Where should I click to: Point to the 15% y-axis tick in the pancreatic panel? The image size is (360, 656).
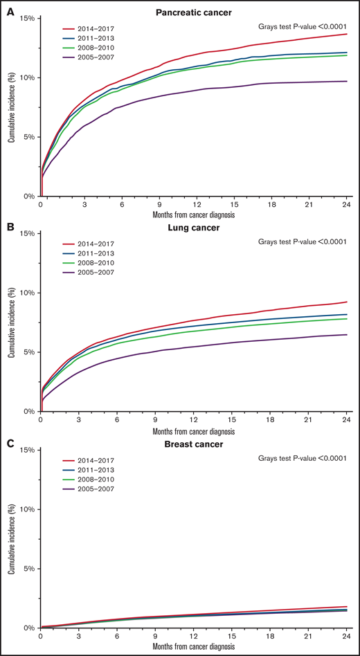[26, 17]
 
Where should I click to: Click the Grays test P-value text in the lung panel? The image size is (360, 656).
[305, 242]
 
